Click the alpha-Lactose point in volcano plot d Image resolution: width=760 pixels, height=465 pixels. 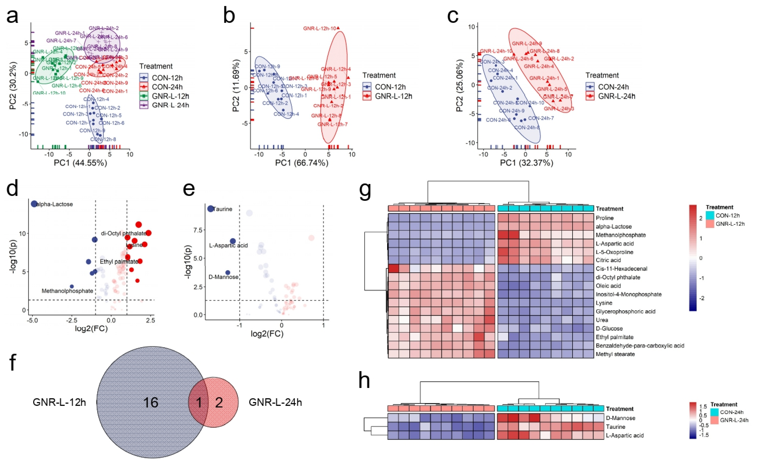pos(34,204)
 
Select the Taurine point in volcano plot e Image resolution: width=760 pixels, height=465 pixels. pos(211,209)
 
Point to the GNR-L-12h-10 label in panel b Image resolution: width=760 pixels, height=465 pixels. pos(319,28)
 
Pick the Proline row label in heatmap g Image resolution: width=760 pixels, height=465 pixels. pos(605,218)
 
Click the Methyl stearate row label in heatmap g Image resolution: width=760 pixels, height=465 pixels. pos(615,354)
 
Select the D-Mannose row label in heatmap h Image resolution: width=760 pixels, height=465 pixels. pos(620,418)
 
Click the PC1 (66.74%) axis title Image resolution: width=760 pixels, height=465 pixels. pos(301,163)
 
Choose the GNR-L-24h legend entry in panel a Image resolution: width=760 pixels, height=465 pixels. pos(170,105)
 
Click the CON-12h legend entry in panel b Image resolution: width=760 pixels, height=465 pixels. pos(390,87)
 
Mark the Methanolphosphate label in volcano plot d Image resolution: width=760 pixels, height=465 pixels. pos(67,291)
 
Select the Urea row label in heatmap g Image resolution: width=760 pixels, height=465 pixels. pos(602,320)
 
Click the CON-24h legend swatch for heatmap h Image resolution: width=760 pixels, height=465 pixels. pos(714,412)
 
